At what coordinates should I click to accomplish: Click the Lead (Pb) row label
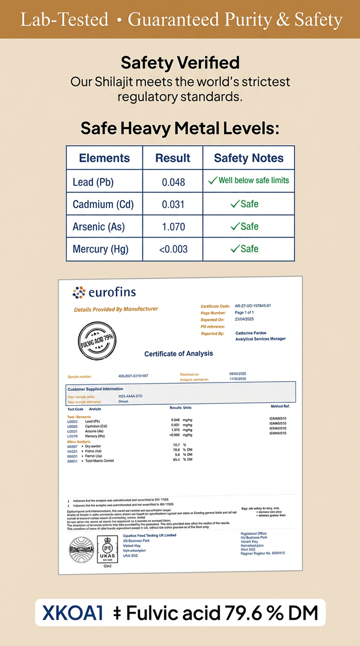pyautogui.click(x=93, y=182)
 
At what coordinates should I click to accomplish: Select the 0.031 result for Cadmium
pyautogui.click(x=173, y=205)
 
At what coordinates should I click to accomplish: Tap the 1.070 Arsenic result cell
pyautogui.click(x=173, y=227)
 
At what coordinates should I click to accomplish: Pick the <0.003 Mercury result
pyautogui.click(x=173, y=249)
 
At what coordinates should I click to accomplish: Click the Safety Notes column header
pyautogui.click(x=249, y=158)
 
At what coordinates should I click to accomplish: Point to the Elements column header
pyautogui.click(x=104, y=158)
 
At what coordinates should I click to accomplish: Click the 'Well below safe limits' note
pyautogui.click(x=254, y=180)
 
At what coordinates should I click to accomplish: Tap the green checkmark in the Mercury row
pyautogui.click(x=235, y=249)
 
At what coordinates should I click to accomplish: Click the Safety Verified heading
pyautogui.click(x=180, y=63)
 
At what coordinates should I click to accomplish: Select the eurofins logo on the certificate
pyautogui.click(x=104, y=292)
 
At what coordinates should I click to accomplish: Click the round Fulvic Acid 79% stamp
pyautogui.click(x=97, y=341)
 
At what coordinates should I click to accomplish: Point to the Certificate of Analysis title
pyautogui.click(x=179, y=354)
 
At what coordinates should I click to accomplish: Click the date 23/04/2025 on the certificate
pyautogui.click(x=244, y=319)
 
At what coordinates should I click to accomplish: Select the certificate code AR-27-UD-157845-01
pyautogui.click(x=253, y=306)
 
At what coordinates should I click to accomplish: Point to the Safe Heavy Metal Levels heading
pyautogui.click(x=180, y=128)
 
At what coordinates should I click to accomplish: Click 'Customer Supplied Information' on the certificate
pyautogui.click(x=95, y=389)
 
